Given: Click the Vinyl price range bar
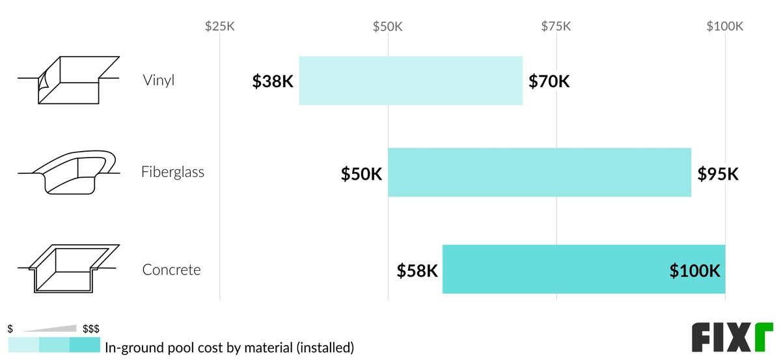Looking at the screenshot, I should [x=410, y=81].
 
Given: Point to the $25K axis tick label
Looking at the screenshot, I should [x=219, y=27].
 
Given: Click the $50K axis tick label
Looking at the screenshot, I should [x=388, y=27].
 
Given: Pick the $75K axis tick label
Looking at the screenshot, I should [x=556, y=27].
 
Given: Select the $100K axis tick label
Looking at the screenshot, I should [x=724, y=27].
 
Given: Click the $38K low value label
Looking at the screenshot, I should [x=273, y=82].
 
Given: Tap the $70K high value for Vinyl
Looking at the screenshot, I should [x=549, y=82].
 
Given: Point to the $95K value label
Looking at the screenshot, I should [x=718, y=174].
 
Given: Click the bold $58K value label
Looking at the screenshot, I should [x=417, y=271].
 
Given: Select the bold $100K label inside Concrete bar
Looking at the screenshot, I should [x=694, y=271].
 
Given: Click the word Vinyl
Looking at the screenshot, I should [x=159, y=81].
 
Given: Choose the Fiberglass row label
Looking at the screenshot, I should [x=172, y=173].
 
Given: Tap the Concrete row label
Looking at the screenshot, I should [x=171, y=270].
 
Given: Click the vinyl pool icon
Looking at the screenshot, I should [x=68, y=80].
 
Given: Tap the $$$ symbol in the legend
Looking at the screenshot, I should [x=90, y=329].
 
